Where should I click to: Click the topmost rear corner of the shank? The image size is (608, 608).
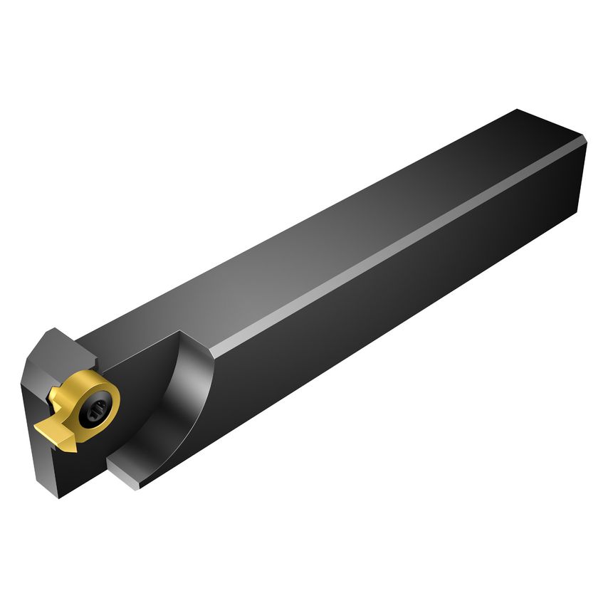click(x=518, y=110)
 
